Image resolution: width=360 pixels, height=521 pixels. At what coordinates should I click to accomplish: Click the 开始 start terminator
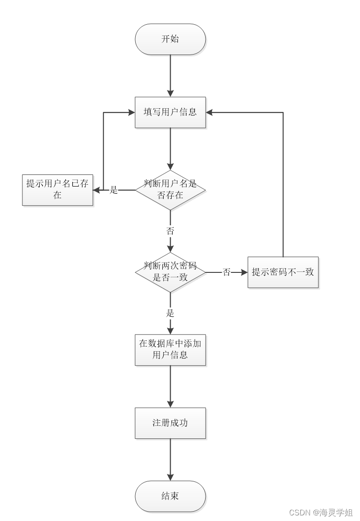point(170,39)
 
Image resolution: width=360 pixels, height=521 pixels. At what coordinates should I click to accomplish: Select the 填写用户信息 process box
point(170,112)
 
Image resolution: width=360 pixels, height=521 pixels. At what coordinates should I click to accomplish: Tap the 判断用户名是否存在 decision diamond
point(170,190)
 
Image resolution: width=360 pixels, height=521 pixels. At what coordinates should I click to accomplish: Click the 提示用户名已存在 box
point(57,189)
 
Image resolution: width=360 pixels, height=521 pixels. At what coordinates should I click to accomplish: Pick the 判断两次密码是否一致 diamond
point(170,272)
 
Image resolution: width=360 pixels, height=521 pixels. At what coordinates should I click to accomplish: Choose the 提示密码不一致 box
point(283,272)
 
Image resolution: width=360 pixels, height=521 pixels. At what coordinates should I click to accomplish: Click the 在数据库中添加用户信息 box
point(170,349)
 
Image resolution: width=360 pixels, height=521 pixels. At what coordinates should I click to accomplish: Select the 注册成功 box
point(170,423)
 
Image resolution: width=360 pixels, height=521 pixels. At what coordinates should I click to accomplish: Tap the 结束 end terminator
point(170,496)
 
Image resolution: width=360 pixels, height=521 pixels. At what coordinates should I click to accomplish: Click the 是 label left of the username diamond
point(114,190)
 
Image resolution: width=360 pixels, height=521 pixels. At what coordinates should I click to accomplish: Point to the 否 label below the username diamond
point(170,231)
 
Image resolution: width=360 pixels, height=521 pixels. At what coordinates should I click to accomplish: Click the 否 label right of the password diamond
point(227,272)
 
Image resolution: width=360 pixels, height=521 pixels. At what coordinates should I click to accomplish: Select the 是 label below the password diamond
point(170,313)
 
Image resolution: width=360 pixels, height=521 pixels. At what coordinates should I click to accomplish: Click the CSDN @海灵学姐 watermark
point(321,513)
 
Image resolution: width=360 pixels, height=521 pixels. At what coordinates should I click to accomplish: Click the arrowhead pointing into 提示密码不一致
point(243,272)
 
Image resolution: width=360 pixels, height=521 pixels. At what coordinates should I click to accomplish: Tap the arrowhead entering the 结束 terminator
point(170,477)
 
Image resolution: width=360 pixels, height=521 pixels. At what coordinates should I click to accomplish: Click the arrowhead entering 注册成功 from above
point(170,403)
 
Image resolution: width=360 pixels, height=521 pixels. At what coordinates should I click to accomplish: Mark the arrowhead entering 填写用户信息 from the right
point(210,112)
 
